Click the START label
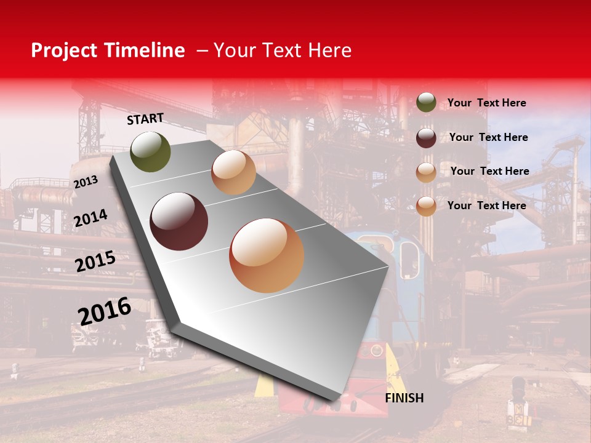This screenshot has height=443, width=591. click(x=145, y=119)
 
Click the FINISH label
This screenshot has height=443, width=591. click(x=404, y=398)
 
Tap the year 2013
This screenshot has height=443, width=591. click(x=86, y=182)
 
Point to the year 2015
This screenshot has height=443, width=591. click(x=95, y=261)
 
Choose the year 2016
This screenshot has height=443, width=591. click(x=105, y=311)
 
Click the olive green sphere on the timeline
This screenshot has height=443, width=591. click(x=150, y=151)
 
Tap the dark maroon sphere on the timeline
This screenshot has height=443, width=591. click(x=179, y=221)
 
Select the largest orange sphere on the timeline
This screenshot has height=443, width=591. click(x=267, y=255)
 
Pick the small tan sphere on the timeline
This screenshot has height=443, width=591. click(x=233, y=172)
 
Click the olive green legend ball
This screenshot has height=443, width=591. click(x=426, y=102)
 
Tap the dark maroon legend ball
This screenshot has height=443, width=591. click(x=426, y=137)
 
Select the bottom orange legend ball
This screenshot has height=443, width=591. click(x=426, y=206)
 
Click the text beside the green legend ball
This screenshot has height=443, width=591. click(x=486, y=103)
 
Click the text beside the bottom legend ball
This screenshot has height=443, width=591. click(x=486, y=206)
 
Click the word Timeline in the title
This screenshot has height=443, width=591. click(x=145, y=50)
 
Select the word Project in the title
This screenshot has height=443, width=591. click(x=65, y=50)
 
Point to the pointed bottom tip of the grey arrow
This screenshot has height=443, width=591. click(x=336, y=401)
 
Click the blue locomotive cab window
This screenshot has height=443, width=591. click(x=408, y=258)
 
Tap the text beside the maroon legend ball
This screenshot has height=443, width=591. click(x=488, y=137)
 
